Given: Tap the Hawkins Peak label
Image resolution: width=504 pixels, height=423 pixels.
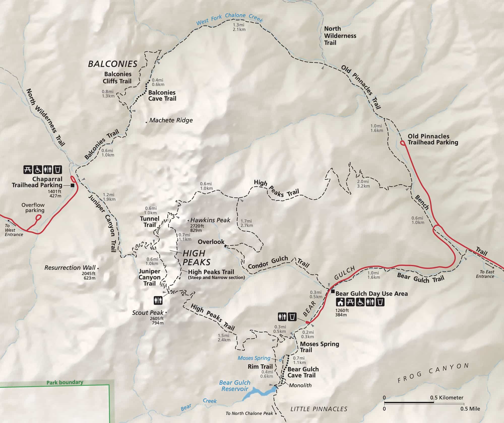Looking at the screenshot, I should [x=210, y=220].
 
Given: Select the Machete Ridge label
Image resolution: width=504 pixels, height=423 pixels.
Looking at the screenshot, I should [x=171, y=120].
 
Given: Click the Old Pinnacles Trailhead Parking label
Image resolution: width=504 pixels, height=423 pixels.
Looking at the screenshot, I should [x=433, y=139].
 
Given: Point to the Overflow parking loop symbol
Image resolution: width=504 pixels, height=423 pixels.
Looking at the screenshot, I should [x=38, y=217].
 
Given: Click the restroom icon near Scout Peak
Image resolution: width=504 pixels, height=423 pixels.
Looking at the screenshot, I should [x=158, y=300].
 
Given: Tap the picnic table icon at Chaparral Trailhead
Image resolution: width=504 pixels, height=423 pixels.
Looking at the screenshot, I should [x=28, y=170].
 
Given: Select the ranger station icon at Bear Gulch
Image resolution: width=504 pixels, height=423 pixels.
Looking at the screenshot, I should [x=340, y=302].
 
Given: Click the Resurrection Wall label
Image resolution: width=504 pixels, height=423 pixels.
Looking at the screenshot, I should [x=70, y=268].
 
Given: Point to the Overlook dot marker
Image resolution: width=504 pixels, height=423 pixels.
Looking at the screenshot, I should [x=225, y=246].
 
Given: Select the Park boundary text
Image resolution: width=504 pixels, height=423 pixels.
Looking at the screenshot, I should [x=65, y=382].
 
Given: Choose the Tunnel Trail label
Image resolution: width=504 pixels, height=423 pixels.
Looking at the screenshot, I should [x=150, y=222].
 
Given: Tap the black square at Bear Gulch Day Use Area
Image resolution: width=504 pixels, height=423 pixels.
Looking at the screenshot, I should [x=333, y=292].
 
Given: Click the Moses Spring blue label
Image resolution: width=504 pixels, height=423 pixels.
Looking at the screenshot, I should [x=254, y=358].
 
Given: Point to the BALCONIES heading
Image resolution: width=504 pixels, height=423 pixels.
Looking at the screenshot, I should [x=112, y=64].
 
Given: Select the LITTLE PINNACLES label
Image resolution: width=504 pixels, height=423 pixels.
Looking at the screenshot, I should [x=319, y=409].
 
